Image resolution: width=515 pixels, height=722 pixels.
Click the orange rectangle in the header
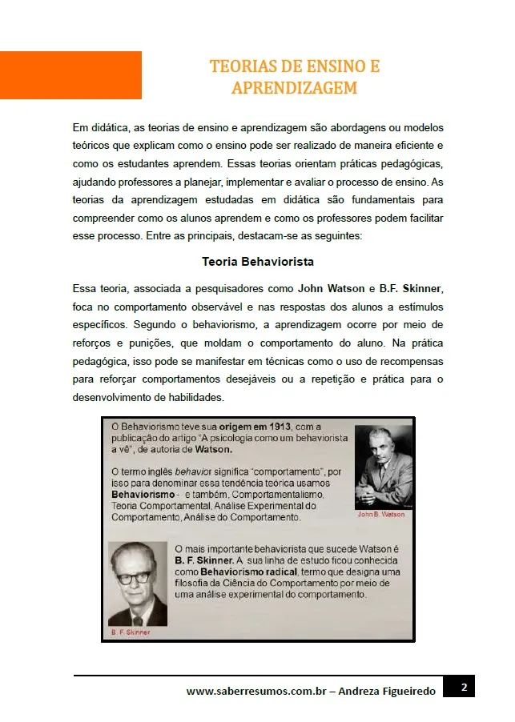click(70, 75)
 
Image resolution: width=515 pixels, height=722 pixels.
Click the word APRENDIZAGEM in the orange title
click(294, 88)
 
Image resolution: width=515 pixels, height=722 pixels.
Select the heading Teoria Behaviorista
click(257, 262)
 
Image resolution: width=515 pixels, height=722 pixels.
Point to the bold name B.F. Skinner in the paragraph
click(411, 288)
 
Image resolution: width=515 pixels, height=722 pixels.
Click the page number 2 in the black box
click(464, 687)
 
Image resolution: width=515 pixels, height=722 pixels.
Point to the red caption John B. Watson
click(380, 515)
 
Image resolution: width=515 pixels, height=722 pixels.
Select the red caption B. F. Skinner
click(131, 632)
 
